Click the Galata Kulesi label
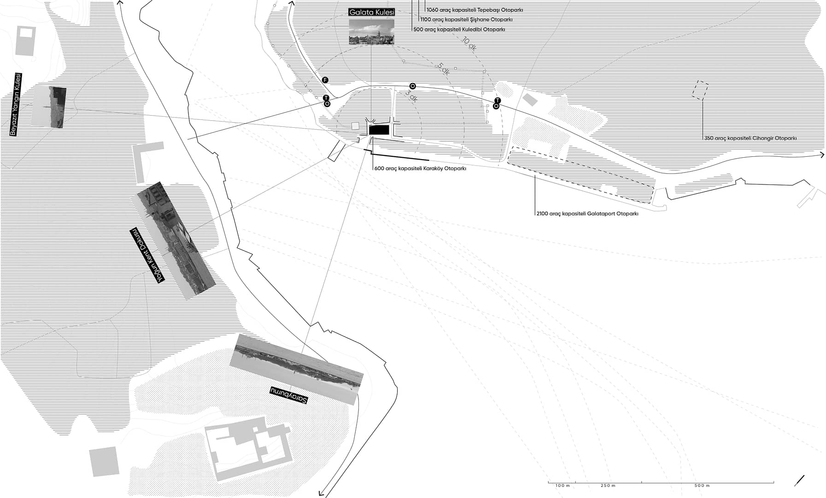[372, 12]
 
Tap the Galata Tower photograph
[371, 32]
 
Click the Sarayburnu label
[288, 395]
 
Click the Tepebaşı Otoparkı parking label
[475, 10]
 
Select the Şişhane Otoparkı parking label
[466, 20]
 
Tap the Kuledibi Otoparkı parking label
[459, 30]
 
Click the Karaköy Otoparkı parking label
[420, 169]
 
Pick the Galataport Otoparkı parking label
[587, 214]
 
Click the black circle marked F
[325, 80]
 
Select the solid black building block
[380, 130]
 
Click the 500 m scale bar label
[702, 486]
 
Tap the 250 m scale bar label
[608, 486]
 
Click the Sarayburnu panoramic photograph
[297, 369]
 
